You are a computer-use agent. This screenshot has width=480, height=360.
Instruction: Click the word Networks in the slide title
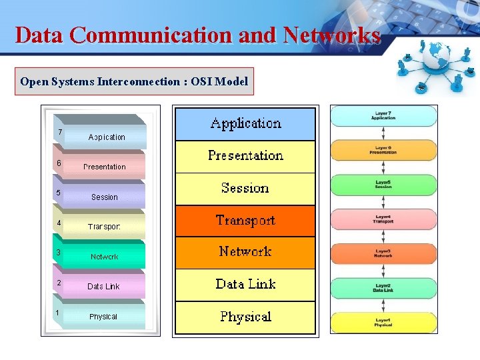(332, 35)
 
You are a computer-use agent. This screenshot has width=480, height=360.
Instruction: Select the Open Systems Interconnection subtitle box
(134, 82)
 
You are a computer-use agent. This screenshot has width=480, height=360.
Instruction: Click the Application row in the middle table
(245, 123)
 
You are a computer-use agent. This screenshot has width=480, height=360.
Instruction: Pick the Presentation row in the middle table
(245, 156)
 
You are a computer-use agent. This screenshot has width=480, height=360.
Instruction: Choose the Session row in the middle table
(245, 188)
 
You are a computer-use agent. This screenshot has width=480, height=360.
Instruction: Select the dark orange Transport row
(245, 221)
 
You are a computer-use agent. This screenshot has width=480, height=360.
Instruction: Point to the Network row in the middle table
(245, 252)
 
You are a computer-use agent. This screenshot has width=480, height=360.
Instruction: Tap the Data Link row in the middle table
(245, 285)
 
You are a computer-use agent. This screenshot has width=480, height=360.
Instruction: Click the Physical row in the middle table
(245, 317)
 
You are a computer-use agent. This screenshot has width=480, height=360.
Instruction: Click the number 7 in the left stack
(60, 132)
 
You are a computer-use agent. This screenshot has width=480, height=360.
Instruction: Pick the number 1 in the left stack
(58, 313)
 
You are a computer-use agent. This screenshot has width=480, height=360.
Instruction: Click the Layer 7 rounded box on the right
(383, 116)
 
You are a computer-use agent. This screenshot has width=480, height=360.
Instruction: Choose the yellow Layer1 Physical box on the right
(383, 323)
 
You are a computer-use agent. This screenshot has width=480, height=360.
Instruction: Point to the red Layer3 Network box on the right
(383, 253)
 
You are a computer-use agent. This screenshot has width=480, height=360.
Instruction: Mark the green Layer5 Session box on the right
(383, 185)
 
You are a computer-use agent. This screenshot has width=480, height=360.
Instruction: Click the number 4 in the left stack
(59, 223)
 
